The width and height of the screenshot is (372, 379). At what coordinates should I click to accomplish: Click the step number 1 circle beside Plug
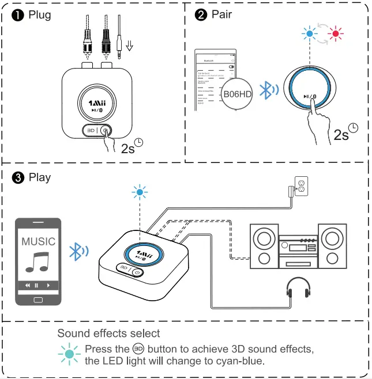click(18, 15)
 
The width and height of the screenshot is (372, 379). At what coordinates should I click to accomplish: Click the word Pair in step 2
click(222, 14)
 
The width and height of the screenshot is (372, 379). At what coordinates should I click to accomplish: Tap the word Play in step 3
click(40, 177)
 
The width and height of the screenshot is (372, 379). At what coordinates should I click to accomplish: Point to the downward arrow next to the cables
click(130, 45)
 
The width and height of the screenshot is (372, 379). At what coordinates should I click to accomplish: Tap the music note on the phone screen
click(38, 262)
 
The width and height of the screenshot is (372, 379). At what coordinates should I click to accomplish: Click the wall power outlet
click(299, 186)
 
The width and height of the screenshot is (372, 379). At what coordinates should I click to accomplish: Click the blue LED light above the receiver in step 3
click(138, 192)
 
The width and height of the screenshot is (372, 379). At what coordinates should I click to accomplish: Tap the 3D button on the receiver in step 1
click(91, 130)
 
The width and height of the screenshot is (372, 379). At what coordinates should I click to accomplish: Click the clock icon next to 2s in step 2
click(354, 129)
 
